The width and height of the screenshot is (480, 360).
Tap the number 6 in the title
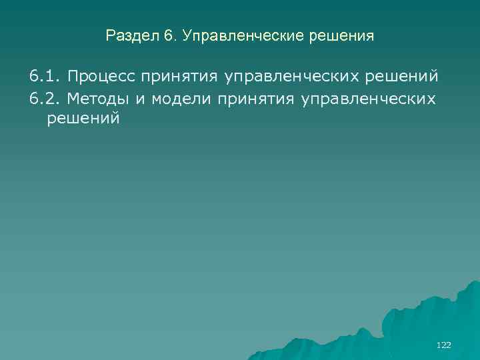(x=167, y=36)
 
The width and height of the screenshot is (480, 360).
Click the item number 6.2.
(x=45, y=98)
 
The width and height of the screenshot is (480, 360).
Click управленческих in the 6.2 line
(x=369, y=98)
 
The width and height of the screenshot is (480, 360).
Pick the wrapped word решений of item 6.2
(x=83, y=120)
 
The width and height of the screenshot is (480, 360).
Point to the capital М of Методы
(x=73, y=98)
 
